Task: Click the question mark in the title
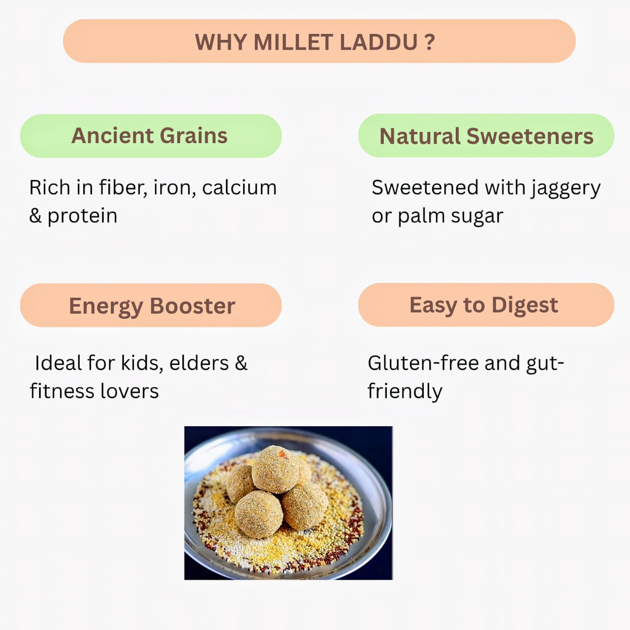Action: (x=430, y=42)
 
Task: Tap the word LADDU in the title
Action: (x=378, y=42)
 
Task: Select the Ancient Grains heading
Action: (x=150, y=136)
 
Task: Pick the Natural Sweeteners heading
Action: (x=486, y=136)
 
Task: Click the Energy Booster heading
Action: (x=152, y=306)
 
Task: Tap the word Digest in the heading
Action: (x=525, y=305)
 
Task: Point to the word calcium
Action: (x=239, y=188)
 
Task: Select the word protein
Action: (x=82, y=216)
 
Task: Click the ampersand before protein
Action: (x=35, y=216)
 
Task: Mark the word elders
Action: (x=199, y=363)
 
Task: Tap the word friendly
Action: (x=405, y=392)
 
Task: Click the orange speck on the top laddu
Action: (x=282, y=454)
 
